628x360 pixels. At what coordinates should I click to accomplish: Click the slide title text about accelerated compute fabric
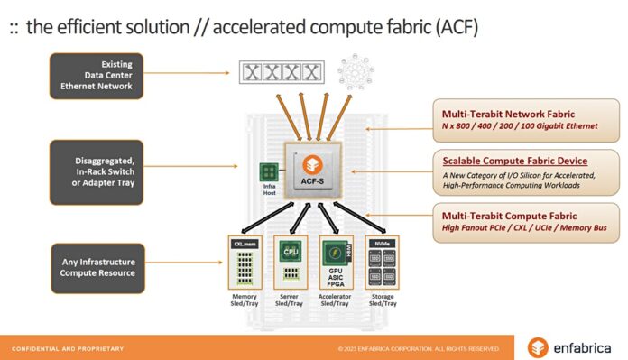click(244, 26)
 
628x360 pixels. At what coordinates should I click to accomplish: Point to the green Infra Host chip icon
click(269, 171)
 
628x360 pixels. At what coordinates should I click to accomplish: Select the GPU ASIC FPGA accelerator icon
click(335, 261)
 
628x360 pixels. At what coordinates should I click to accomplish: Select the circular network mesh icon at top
click(354, 71)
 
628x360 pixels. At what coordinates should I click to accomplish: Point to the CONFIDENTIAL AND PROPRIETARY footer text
click(68, 348)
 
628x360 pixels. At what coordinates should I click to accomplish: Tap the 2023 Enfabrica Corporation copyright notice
click(419, 348)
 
